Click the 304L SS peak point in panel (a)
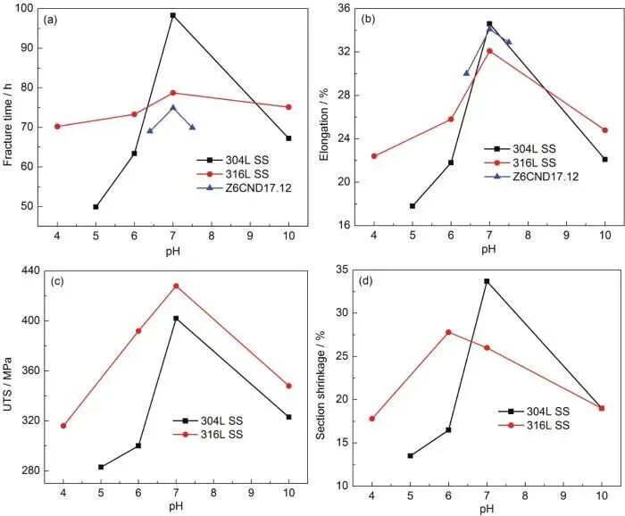click(x=173, y=15)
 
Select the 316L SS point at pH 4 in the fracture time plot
click(x=57, y=126)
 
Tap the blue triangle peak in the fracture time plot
click(x=173, y=107)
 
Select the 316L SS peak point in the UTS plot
click(x=176, y=286)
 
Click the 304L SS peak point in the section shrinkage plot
click(x=487, y=281)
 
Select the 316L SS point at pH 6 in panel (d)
click(x=448, y=332)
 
